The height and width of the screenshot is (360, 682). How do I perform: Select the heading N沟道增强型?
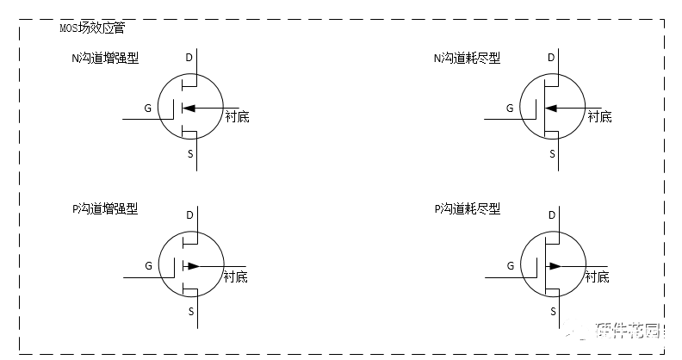105,59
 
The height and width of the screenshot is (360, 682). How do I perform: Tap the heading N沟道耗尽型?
466,59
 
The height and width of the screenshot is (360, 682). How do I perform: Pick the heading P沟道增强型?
105,208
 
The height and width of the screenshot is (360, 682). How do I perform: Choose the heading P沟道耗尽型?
466,208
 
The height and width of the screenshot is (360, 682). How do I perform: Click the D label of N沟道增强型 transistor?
189,59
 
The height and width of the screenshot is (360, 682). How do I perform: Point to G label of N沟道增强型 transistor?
149,109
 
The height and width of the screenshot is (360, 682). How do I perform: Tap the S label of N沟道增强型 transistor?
190,153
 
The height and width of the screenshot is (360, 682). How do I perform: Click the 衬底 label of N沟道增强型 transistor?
236,116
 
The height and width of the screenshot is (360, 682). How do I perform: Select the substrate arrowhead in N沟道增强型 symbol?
189,109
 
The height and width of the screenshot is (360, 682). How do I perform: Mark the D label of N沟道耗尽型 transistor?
551,59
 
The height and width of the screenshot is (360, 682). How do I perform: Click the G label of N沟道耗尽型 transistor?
510,109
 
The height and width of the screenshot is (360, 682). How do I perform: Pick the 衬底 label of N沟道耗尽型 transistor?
598,116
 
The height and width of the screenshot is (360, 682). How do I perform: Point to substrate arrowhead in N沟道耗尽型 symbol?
550,109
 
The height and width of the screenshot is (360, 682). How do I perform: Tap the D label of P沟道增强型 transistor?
189,213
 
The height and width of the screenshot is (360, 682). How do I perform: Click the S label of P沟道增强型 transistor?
190,311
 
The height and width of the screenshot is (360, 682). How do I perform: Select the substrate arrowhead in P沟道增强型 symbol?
193,266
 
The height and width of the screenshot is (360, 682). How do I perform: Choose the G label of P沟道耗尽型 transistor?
510,266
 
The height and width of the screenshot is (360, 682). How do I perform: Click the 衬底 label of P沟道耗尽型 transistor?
598,276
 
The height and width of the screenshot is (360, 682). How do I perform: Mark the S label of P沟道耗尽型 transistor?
552,311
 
